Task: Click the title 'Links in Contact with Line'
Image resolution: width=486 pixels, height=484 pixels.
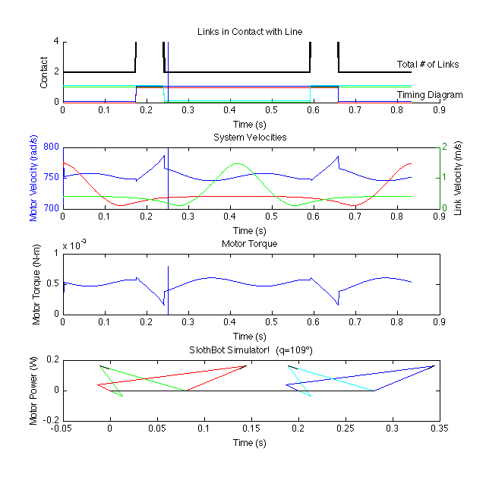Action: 249,31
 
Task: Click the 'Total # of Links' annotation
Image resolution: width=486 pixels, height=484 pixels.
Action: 428,65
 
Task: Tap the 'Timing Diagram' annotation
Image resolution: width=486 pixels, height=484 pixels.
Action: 430,95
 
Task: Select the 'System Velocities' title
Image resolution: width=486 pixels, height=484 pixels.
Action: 249,137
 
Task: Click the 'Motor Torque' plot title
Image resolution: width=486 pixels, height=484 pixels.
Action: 249,244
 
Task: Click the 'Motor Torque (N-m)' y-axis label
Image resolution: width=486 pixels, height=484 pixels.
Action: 36,283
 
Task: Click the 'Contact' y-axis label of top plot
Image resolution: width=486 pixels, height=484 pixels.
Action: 44,71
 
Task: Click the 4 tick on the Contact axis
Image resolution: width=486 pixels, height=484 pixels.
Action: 55,41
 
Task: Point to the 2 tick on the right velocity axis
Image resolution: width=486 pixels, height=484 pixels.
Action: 446,147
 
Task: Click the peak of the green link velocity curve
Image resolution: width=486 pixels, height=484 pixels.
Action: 238,163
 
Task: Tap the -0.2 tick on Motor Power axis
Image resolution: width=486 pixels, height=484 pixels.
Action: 49,419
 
